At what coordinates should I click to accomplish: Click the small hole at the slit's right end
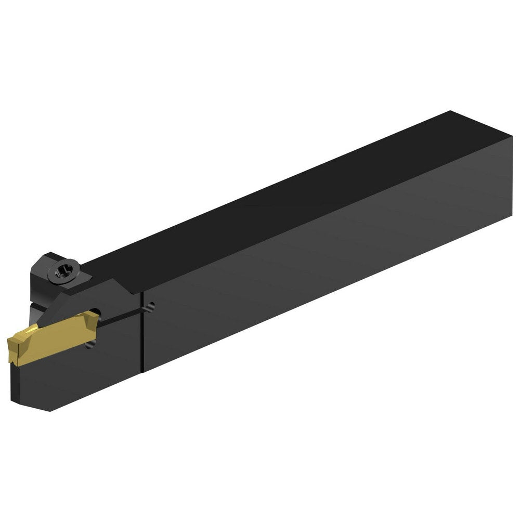[150, 307]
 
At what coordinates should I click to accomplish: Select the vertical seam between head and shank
[142, 333]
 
